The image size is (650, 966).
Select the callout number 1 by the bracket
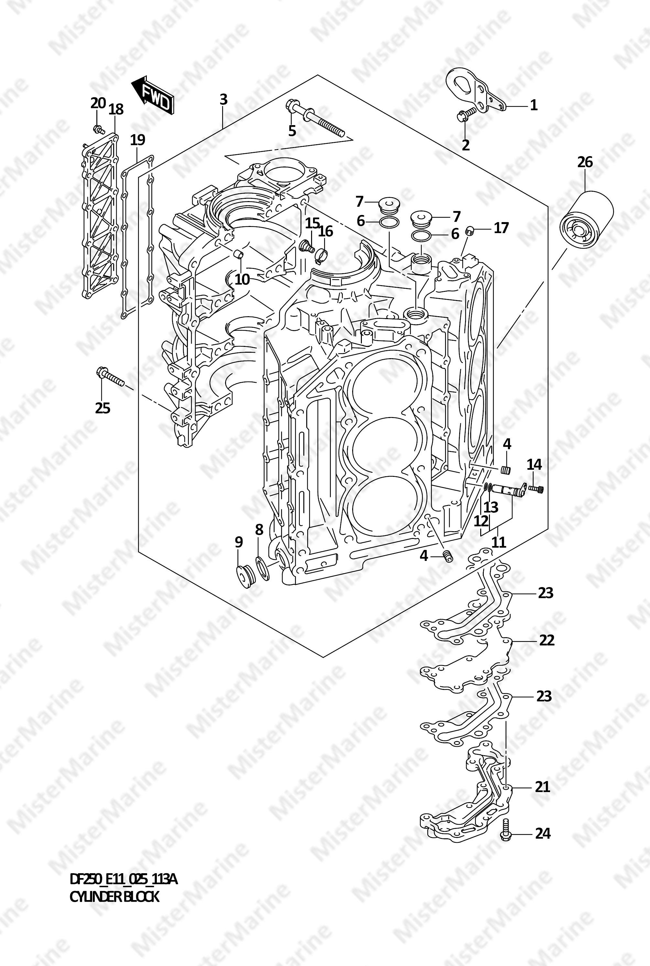534,105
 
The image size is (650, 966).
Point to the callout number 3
223,100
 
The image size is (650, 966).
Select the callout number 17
501,228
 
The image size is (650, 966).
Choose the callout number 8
259,529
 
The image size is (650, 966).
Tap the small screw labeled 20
98,129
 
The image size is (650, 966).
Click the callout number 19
138,140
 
